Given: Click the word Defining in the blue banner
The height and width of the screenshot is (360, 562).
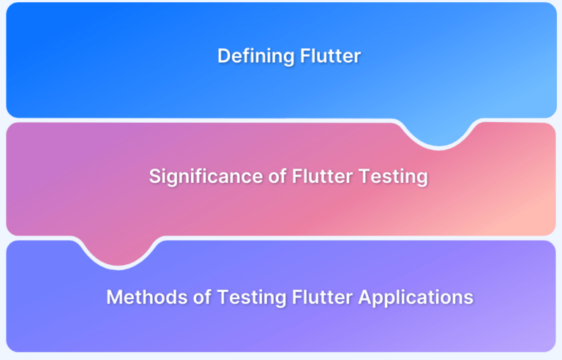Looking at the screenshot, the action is tap(256, 56).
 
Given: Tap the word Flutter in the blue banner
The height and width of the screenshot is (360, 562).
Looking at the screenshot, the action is tap(331, 56).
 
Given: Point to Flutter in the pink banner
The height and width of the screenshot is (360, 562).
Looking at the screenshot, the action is tap(322, 176).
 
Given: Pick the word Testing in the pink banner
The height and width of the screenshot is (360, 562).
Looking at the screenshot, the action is tap(393, 177).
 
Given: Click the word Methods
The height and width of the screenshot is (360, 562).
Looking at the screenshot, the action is tap(147, 297).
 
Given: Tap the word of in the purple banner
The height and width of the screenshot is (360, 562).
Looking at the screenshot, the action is tap(202, 297).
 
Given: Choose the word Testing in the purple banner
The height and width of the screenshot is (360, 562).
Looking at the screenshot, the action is tap(252, 298).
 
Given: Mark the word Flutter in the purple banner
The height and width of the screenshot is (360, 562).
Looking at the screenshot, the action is tap(322, 297).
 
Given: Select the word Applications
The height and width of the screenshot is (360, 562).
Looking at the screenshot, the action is tap(416, 298).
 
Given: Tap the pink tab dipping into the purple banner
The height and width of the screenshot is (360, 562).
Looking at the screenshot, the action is tap(118, 252).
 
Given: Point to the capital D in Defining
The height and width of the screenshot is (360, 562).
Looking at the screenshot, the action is tap(225, 56).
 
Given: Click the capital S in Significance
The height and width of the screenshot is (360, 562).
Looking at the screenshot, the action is tap(155, 176).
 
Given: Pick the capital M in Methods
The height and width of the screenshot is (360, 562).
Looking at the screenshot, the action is tap(115, 298).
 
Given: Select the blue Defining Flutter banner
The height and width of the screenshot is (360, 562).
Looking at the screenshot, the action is tap(281, 60).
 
